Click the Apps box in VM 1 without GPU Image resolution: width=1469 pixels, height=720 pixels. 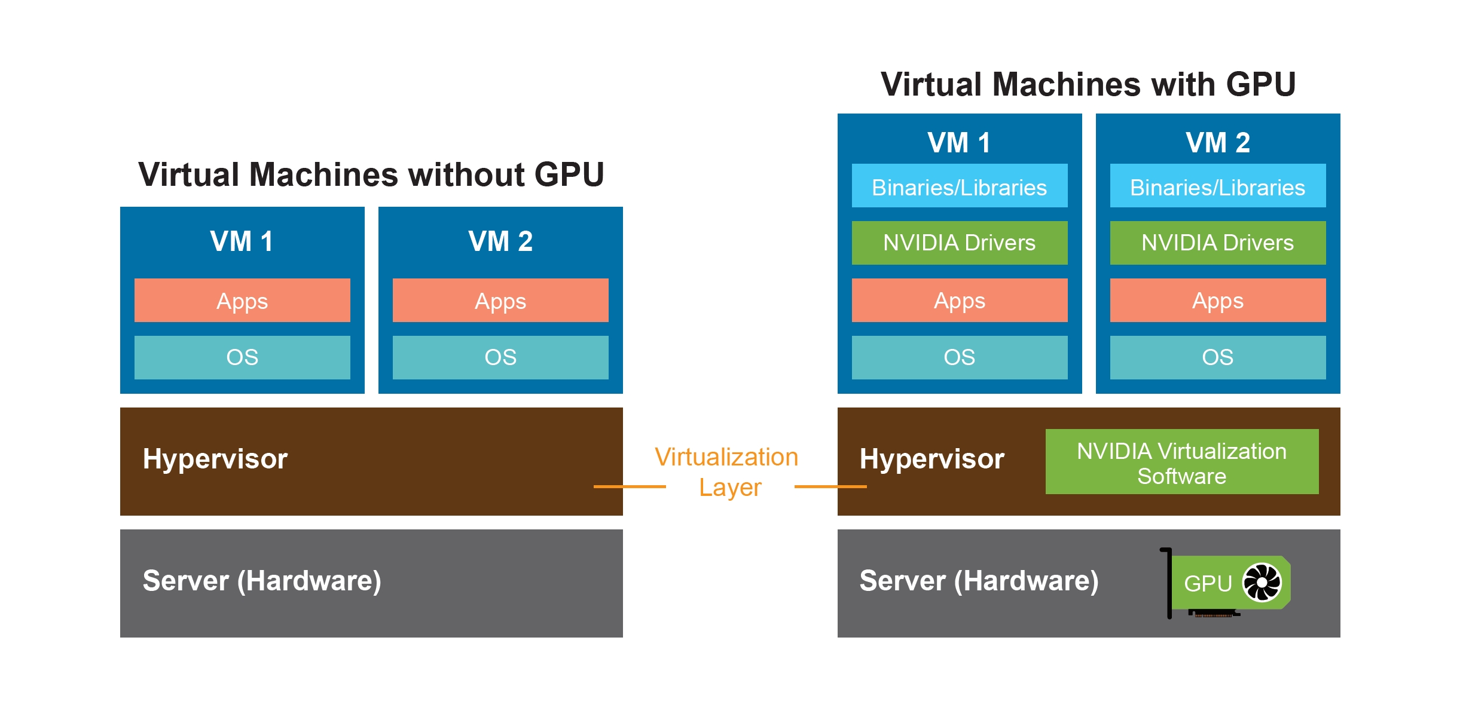pos(242,300)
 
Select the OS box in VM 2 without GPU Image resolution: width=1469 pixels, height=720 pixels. pos(500,357)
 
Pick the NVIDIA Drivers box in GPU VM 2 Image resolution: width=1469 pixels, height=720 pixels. pos(1217,243)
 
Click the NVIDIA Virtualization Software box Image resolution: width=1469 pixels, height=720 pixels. pos(1181,461)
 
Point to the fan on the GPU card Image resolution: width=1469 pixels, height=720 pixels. pos(1262,582)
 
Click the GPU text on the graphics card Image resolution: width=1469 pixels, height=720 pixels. pos(1208,583)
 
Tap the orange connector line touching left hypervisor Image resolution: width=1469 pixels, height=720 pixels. pos(629,486)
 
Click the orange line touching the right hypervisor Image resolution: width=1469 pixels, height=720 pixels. pos(830,486)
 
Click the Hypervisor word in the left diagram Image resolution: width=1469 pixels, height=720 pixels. pos(215,459)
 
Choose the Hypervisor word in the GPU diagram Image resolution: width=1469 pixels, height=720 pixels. pos(932,459)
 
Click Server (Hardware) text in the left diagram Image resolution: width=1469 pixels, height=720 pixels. pos(262,581)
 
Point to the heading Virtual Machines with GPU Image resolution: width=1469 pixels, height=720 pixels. pos(1088,84)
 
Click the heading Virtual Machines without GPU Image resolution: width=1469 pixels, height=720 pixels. pos(371,174)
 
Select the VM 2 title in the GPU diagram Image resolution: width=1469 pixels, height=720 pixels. pos(1217,142)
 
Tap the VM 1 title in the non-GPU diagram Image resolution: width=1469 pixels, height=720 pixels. pos(242,241)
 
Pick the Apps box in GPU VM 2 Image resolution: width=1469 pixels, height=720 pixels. pos(1217,300)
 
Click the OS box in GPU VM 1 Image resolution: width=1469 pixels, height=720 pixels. pos(959,357)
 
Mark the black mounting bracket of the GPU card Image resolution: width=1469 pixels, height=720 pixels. pos(1169,583)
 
